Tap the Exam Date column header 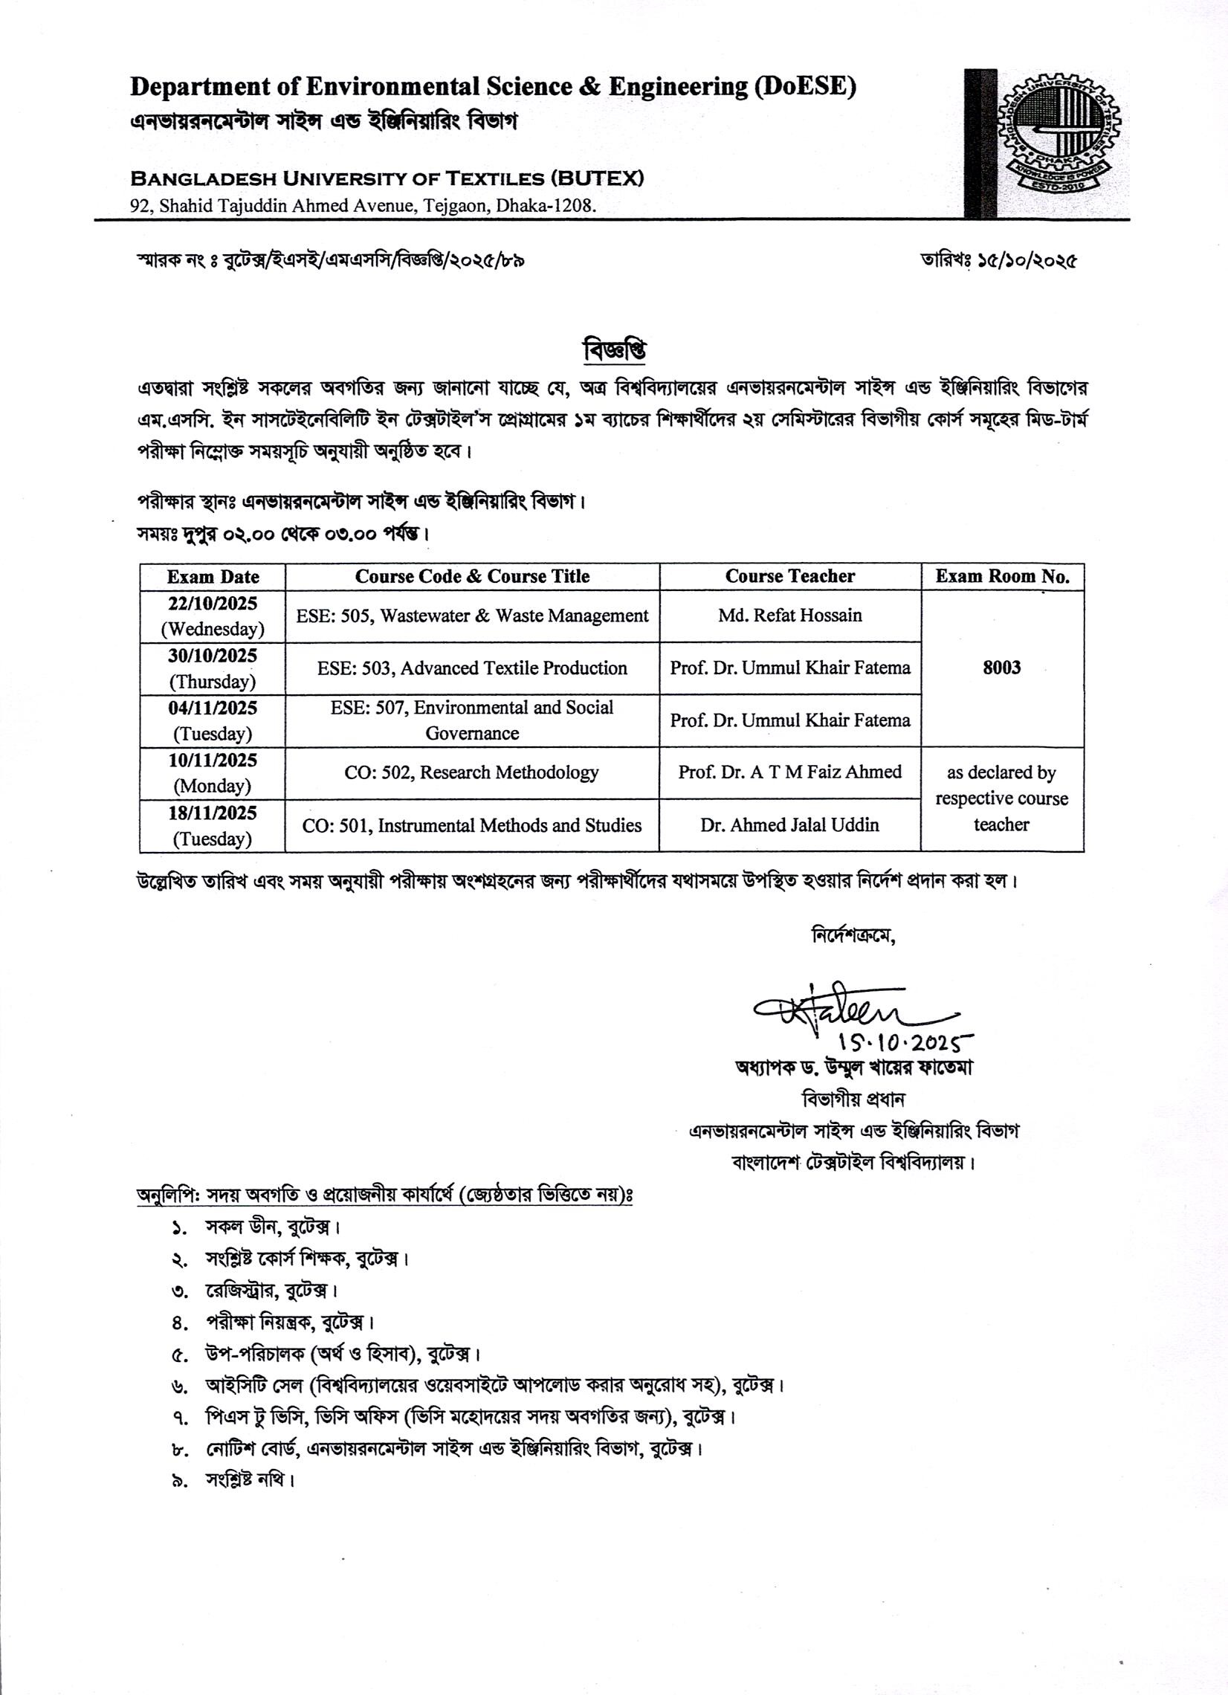(x=213, y=577)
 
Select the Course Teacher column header (x=790, y=576)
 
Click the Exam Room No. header (x=1002, y=576)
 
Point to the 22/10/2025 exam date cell (x=213, y=616)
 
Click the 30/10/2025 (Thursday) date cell (x=213, y=668)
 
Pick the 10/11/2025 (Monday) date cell (x=213, y=772)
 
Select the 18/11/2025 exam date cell (x=213, y=826)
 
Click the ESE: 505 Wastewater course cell (x=472, y=616)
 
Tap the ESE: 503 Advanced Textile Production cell (x=472, y=668)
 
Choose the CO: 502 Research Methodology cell (x=472, y=772)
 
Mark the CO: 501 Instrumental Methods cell (x=472, y=826)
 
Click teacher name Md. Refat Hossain (x=790, y=616)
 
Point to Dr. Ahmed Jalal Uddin (x=790, y=825)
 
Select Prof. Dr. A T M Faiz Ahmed (x=790, y=772)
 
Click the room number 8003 (x=1001, y=668)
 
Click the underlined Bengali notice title (x=613, y=349)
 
